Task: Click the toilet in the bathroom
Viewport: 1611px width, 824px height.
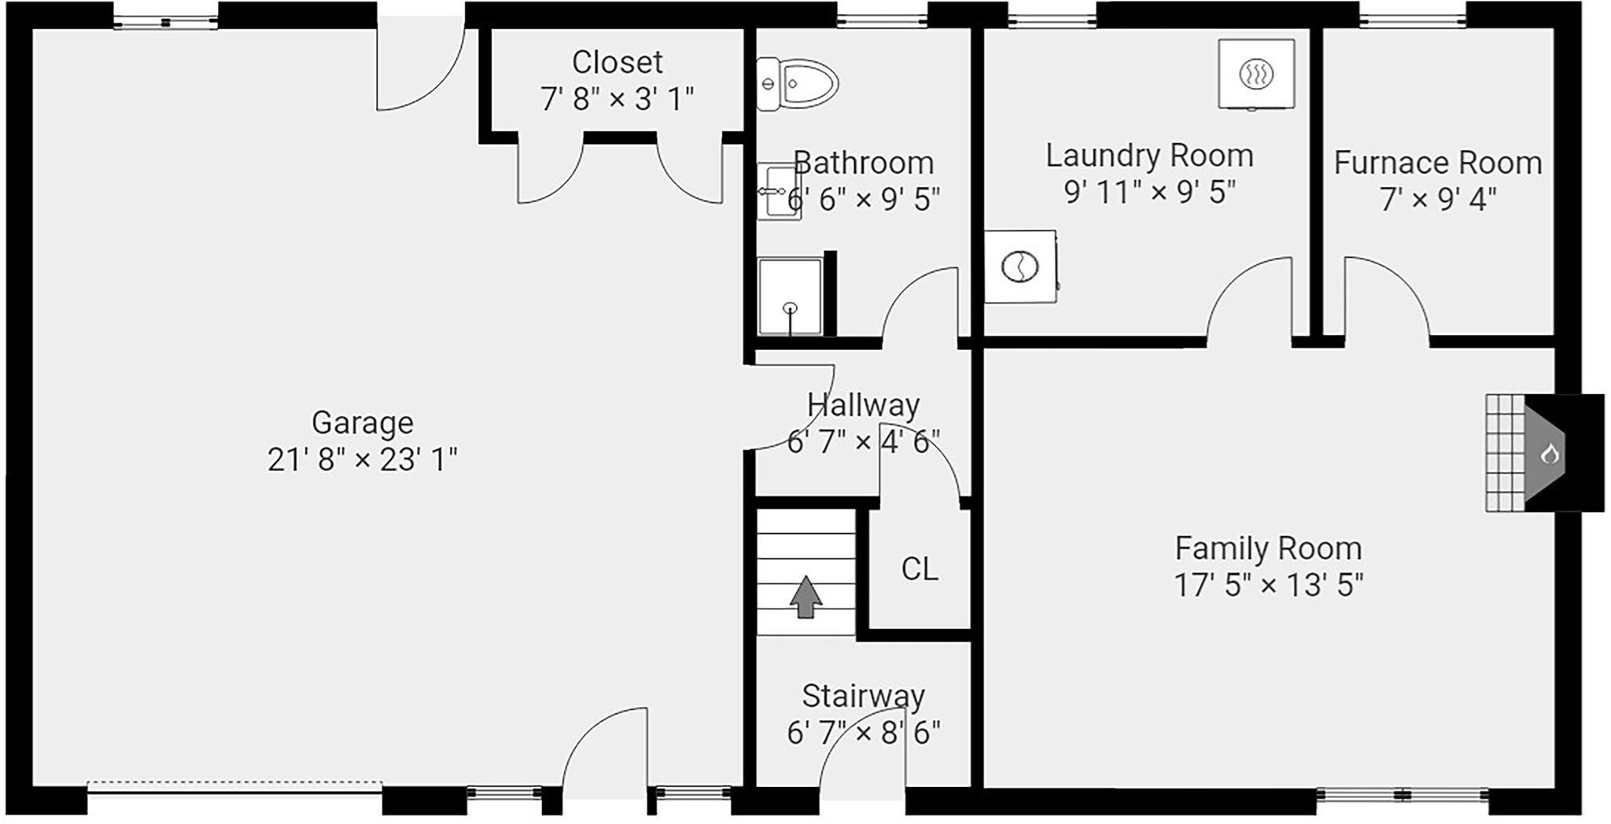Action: (797, 83)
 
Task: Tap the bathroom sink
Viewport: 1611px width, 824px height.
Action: (778, 191)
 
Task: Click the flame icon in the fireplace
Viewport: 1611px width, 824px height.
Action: (1550, 454)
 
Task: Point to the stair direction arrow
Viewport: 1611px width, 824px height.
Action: (805, 597)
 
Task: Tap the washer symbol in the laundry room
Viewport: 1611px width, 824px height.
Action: (1020, 267)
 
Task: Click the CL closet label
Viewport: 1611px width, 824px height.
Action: (920, 568)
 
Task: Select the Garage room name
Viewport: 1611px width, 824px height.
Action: (363, 423)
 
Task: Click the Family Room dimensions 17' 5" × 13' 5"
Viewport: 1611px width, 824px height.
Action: (1268, 586)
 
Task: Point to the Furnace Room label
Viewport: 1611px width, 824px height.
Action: (1438, 163)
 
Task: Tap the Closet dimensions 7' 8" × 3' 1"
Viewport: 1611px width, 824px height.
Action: (617, 100)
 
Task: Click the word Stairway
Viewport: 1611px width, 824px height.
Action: (863, 697)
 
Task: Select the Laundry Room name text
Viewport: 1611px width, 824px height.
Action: (1149, 156)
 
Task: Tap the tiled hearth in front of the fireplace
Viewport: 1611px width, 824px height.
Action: (1506, 453)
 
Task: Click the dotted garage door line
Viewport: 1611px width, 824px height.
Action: (235, 783)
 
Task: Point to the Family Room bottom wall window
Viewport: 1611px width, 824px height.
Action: (1403, 796)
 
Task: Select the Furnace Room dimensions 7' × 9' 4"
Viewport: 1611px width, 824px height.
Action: (1438, 200)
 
